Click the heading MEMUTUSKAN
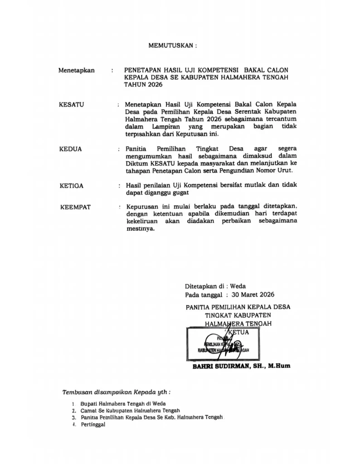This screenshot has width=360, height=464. click(173, 46)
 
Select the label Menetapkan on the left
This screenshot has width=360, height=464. click(76, 70)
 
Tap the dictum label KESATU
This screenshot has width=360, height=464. click(72, 105)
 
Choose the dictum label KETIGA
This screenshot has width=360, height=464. click(72, 186)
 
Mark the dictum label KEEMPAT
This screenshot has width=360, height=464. click(75, 207)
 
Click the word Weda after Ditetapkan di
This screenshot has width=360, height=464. click(238, 286)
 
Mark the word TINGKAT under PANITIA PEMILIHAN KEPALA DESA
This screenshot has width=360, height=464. click(222, 315)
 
